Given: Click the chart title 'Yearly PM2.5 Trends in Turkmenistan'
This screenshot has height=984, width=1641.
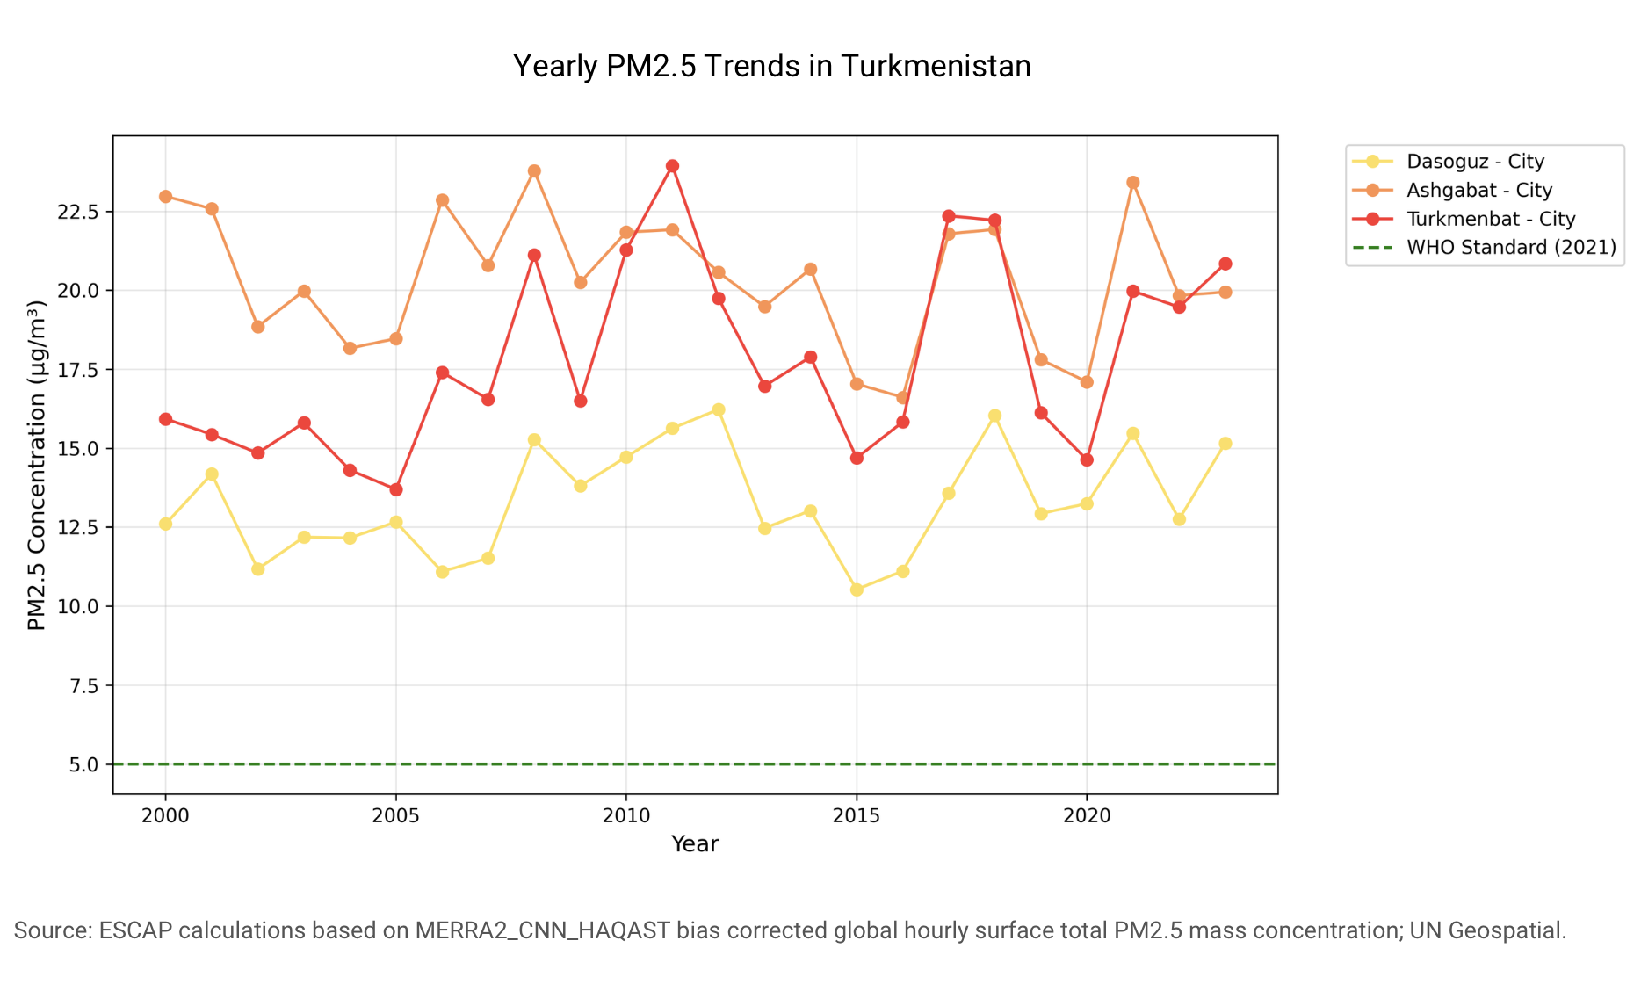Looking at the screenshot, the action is point(771,66).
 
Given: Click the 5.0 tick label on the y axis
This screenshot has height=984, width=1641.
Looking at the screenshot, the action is point(84,764).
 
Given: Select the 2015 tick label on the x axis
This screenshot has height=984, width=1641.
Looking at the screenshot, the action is point(857,816).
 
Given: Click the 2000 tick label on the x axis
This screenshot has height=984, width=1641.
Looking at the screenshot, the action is point(165,816).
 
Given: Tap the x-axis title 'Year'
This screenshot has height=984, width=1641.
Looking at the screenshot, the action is point(695,844).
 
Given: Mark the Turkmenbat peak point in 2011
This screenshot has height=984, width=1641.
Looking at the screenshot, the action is point(672,166).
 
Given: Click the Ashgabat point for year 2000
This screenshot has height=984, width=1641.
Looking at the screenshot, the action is point(165,197).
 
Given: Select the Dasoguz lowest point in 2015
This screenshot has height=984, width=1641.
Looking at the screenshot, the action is point(857,590).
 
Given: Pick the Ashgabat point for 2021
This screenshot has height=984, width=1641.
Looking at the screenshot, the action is point(1133,183).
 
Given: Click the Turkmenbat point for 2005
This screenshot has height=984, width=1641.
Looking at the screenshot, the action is point(396,489).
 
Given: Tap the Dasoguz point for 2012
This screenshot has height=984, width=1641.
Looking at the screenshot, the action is point(719,409).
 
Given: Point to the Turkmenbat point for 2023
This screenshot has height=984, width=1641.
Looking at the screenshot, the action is point(1225,264).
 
